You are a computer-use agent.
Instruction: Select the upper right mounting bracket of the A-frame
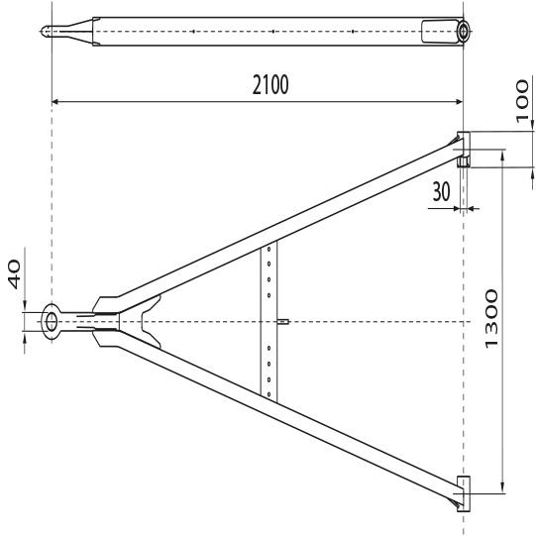coord(463,145)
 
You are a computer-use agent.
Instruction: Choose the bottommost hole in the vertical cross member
coord(268,390)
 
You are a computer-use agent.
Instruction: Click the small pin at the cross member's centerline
coord(283,321)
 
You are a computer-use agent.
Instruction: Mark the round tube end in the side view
coord(464,32)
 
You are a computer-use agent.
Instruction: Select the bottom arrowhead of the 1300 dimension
coord(500,487)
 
